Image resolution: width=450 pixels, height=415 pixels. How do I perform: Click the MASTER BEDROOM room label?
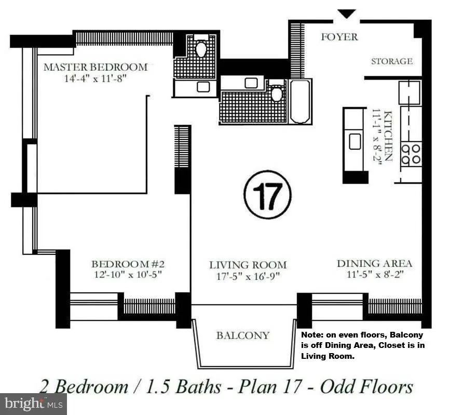tap(96, 67)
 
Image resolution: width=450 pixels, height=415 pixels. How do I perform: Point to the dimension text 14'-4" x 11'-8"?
tap(96, 79)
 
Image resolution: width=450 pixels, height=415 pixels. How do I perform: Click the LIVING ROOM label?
tap(248, 265)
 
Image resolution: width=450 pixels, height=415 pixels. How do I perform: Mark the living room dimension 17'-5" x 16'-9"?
tap(248, 276)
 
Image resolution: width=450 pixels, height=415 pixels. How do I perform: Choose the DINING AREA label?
tap(374, 263)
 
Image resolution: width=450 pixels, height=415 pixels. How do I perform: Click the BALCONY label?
tap(243, 335)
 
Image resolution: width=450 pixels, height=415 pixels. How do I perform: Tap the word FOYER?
tap(339, 37)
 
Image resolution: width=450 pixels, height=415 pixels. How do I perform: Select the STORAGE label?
tap(392, 61)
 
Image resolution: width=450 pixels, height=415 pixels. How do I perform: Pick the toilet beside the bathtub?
tap(277, 93)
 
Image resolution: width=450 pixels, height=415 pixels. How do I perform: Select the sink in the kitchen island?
tap(355, 141)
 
